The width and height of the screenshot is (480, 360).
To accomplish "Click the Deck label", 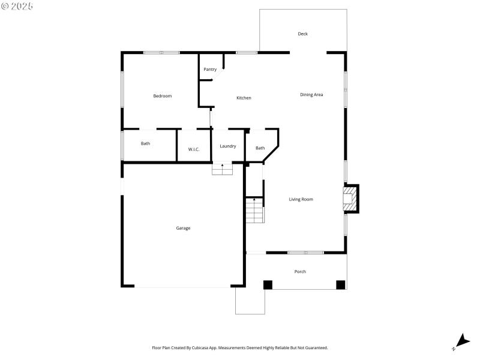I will click(302, 34).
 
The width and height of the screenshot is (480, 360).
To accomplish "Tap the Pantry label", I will click(210, 70).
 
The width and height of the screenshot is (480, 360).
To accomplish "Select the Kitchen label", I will click(244, 98).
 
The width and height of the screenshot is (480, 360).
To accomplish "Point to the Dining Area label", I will click(312, 94).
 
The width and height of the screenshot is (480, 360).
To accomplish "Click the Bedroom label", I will click(163, 96).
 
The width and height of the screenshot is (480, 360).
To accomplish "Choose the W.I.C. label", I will click(194, 149).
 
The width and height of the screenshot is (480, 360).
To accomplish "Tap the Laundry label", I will click(228, 146).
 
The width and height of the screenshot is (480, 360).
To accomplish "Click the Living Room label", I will click(301, 199).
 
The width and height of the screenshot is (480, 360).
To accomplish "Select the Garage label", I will click(183, 228).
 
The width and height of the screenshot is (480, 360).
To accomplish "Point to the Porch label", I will click(300, 272).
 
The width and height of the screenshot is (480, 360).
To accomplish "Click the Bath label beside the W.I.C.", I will click(146, 143).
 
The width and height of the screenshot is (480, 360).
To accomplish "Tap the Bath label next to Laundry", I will click(260, 148).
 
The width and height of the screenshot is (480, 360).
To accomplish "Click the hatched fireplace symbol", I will click(348, 199).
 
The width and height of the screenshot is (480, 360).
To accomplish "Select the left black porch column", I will click(268, 285).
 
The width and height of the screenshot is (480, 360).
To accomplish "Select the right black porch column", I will click(340, 285).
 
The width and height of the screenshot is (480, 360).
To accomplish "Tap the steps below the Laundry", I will click(222, 169).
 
